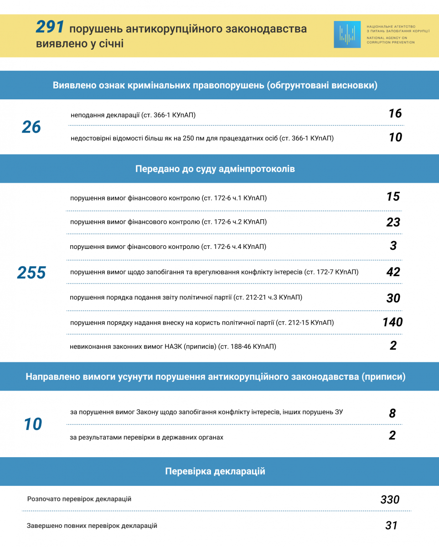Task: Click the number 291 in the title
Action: click(x=50, y=28)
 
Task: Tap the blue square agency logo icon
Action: click(x=347, y=35)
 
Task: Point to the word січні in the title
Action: click(x=109, y=45)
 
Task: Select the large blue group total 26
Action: click(x=31, y=127)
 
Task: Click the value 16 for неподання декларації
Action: click(x=395, y=114)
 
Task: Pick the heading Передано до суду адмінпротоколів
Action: click(x=215, y=169)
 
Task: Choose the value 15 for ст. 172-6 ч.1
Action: click(x=393, y=196)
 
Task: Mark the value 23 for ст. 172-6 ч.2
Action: click(x=393, y=222)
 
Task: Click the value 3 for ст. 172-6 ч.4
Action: click(x=393, y=246)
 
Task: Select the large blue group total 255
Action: click(x=31, y=273)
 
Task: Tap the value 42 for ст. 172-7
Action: click(x=393, y=272)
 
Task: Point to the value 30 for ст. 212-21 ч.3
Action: click(x=393, y=298)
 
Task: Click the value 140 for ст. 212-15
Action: click(x=393, y=322)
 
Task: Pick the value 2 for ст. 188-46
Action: click(x=393, y=346)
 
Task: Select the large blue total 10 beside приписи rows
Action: click(x=33, y=424)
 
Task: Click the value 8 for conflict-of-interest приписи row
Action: click(x=393, y=413)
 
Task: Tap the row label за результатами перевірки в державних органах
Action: click(x=147, y=438)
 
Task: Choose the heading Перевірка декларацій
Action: click(x=215, y=471)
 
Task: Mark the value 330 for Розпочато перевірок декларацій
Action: click(x=390, y=500)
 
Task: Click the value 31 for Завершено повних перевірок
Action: click(x=391, y=526)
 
